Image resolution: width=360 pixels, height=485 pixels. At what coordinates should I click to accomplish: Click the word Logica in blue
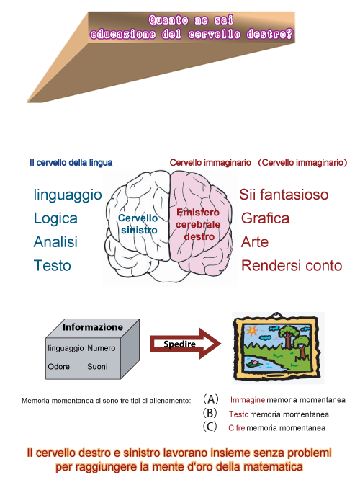[x=55, y=218]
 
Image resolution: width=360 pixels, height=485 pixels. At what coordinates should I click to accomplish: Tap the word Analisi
[x=55, y=242]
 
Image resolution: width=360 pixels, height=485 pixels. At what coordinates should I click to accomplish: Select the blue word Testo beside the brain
[x=53, y=266]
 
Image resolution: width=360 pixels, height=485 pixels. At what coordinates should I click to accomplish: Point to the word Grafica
[x=265, y=218]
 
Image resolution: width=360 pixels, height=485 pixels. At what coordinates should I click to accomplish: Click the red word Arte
[x=255, y=242]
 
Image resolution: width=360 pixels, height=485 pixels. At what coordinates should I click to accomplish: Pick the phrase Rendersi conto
[x=292, y=266]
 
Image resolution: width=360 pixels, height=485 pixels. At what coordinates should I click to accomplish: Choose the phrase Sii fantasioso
[x=284, y=195]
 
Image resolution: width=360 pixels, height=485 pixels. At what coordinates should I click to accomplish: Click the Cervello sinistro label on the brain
[x=138, y=224]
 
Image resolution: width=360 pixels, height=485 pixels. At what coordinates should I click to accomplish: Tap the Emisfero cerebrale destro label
[x=198, y=224]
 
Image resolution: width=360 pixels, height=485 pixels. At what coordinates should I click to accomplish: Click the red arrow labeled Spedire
[x=186, y=343]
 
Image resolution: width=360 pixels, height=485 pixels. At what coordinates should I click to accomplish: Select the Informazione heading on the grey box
[x=93, y=327]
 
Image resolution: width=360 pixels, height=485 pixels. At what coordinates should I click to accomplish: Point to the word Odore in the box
[x=59, y=367]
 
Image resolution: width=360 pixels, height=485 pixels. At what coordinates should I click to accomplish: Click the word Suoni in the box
[x=97, y=367]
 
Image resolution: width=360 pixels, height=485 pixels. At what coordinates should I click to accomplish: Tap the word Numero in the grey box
[x=102, y=348]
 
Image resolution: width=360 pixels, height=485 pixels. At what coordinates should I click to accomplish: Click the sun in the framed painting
[x=252, y=331]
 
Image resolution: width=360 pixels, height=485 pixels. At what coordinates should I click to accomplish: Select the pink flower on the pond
[x=255, y=362]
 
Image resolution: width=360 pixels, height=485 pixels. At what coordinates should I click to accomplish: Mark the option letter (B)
[x=210, y=413]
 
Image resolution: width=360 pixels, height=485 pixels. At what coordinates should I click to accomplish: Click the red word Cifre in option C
[x=237, y=428]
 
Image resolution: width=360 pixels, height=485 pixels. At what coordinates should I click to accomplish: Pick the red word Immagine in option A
[x=248, y=400]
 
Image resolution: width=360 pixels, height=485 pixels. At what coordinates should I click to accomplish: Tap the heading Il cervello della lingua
[x=71, y=162]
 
